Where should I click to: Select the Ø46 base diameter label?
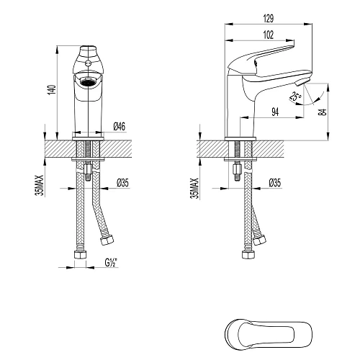(x=120, y=127)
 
